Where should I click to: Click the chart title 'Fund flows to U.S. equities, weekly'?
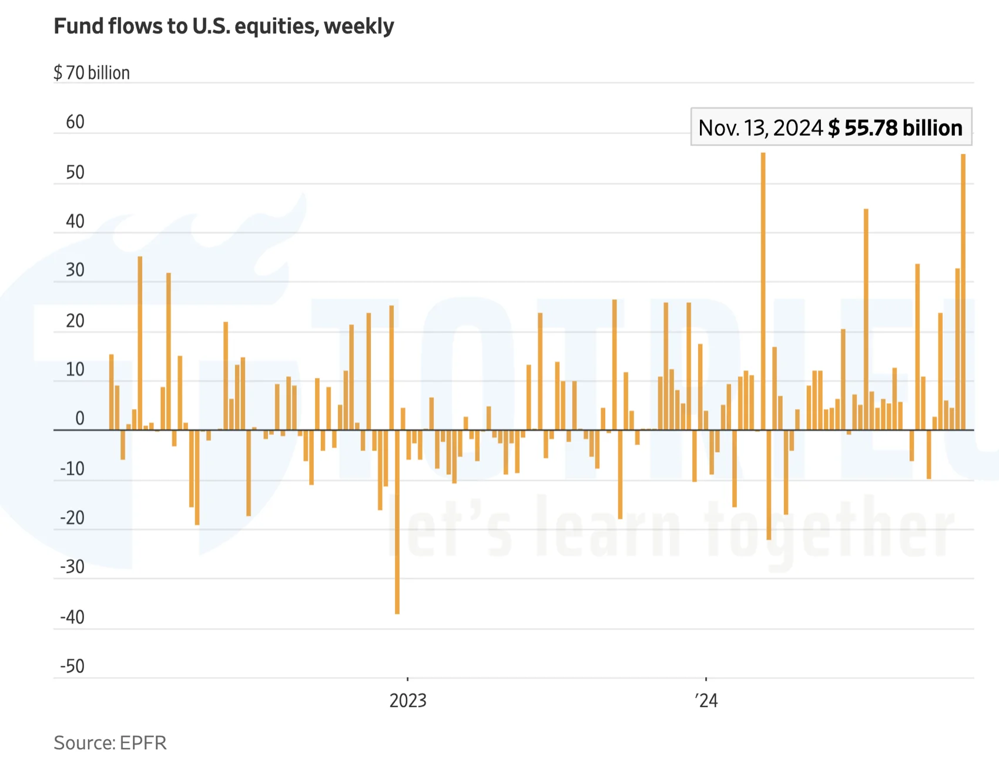(x=223, y=26)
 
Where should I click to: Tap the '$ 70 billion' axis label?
(x=92, y=73)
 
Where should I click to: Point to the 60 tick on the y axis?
(x=75, y=122)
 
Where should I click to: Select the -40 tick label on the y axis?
(x=72, y=617)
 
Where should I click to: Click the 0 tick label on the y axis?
(x=80, y=418)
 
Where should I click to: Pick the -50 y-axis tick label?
(x=72, y=666)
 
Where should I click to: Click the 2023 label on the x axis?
(x=408, y=701)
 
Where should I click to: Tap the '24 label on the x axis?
(x=706, y=701)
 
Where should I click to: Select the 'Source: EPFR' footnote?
(x=110, y=743)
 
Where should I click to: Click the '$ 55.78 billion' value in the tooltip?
(x=895, y=128)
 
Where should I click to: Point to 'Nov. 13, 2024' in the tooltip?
(x=760, y=128)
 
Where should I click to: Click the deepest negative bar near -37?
(x=397, y=523)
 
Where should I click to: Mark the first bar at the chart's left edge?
(x=112, y=392)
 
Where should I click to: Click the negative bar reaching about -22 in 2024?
(x=769, y=485)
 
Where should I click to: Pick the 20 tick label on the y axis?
(x=75, y=321)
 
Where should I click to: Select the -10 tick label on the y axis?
(x=72, y=469)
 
